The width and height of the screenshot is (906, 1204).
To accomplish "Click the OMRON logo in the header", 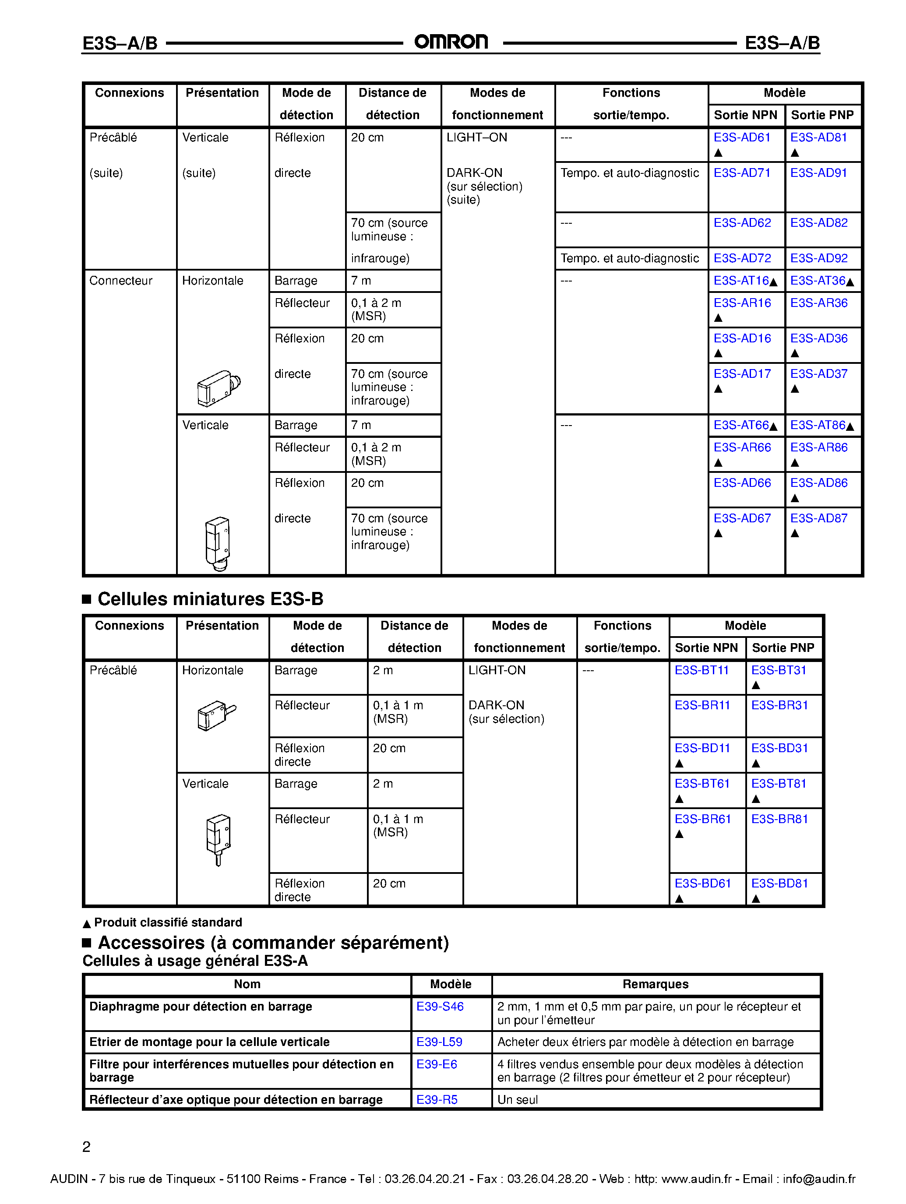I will pyautogui.click(x=451, y=42).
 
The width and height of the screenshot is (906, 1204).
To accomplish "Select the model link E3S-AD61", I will pyautogui.click(x=741, y=138).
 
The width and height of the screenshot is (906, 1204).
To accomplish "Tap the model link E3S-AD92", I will pyautogui.click(x=818, y=259).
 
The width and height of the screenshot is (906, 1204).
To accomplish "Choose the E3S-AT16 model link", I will pyautogui.click(x=741, y=281).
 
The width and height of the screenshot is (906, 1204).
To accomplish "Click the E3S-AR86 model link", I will pyautogui.click(x=818, y=447).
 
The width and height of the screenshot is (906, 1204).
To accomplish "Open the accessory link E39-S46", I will pyautogui.click(x=439, y=1007).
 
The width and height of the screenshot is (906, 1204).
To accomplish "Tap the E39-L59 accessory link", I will pyautogui.click(x=439, y=1042).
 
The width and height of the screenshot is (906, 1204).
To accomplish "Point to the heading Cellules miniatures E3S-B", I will pyautogui.click(x=210, y=599).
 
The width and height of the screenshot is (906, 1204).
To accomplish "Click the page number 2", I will pyautogui.click(x=86, y=1147).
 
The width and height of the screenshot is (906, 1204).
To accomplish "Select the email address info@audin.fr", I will pyautogui.click(x=819, y=1179).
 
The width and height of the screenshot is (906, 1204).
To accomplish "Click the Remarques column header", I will pyautogui.click(x=655, y=984).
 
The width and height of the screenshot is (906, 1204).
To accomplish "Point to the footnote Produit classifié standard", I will pyautogui.click(x=168, y=922).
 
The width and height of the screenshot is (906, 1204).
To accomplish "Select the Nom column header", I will pyautogui.click(x=247, y=984).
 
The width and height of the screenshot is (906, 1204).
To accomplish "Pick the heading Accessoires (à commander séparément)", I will pyautogui.click(x=273, y=943).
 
